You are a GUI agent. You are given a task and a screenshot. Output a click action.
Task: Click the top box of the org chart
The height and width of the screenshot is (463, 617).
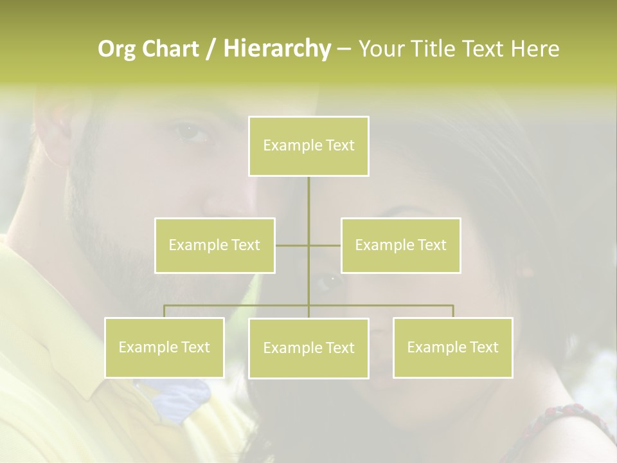[x=308, y=146]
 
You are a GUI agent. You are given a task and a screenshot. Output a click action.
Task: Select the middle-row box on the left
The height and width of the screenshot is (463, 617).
[x=215, y=245]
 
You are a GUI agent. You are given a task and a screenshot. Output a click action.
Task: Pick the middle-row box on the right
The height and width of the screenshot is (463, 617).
[x=400, y=245]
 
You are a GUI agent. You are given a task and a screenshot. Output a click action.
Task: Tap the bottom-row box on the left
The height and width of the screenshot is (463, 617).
[x=165, y=347]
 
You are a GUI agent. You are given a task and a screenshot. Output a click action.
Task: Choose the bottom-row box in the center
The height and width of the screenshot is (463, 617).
[x=308, y=348]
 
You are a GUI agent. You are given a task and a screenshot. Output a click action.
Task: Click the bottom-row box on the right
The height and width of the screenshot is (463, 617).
[x=452, y=347]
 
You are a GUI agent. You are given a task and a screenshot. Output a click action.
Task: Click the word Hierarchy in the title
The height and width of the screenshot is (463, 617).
[x=276, y=48]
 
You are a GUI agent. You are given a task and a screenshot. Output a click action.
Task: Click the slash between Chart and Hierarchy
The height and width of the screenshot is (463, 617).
[x=211, y=50]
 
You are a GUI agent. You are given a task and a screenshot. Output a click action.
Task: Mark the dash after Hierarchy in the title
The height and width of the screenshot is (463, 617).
[x=344, y=50]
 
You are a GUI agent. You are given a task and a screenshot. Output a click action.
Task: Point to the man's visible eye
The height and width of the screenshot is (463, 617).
[x=193, y=132]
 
